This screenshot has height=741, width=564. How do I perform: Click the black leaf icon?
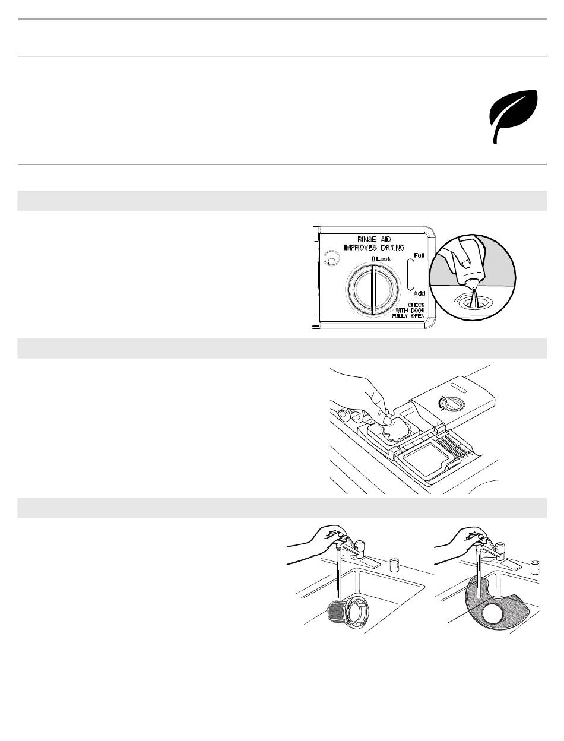coord(514,116)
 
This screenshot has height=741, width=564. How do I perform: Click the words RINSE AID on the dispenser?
coord(374,239)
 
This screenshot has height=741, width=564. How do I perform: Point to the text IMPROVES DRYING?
coord(374,248)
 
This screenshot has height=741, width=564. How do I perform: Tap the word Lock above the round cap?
coord(384,259)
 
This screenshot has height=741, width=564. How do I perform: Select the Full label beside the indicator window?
coord(419,256)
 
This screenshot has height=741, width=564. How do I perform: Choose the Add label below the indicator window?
coord(419,293)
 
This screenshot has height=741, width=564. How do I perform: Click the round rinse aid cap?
coord(373,290)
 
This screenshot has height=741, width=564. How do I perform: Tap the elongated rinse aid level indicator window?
coord(410,274)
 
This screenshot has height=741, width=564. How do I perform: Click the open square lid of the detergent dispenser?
coord(427,460)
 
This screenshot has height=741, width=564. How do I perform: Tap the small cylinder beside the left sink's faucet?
coord(394,565)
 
